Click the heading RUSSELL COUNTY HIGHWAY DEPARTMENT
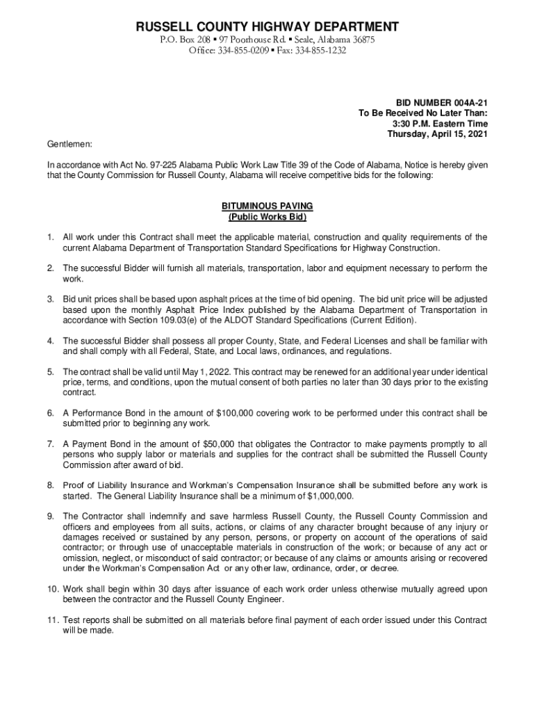[267, 27]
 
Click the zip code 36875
[362, 40]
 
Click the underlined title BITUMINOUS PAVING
[267, 207]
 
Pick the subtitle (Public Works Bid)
[267, 217]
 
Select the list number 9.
[51, 516]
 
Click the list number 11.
[53, 620]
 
